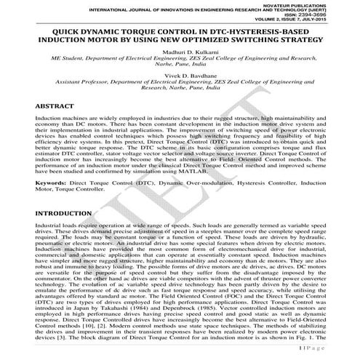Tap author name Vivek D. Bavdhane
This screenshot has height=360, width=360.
pyautogui.click(x=180, y=75)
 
